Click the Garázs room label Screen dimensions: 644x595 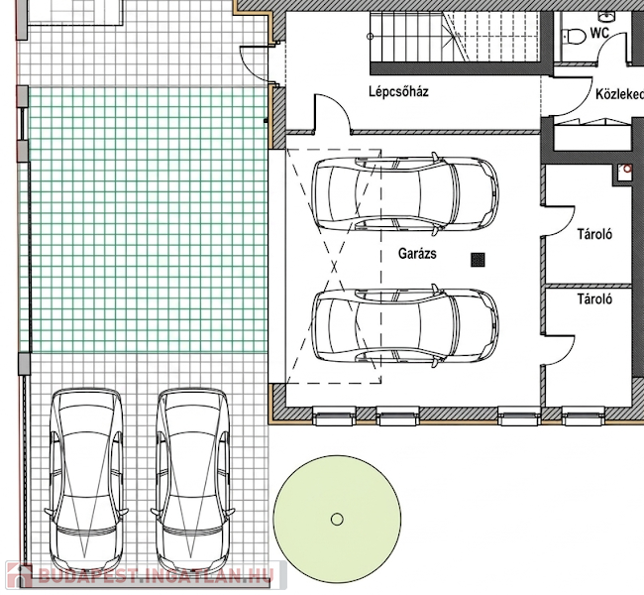417,253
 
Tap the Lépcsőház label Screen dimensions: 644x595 398,91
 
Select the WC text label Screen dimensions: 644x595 599,33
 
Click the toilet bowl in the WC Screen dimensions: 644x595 575,36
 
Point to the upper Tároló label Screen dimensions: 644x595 594,234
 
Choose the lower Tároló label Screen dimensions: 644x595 594,298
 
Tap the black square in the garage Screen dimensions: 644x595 478,260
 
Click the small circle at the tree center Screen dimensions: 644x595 337,520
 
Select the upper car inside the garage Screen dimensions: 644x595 405,194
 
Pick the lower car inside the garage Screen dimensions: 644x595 405,325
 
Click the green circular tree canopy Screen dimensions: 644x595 337,520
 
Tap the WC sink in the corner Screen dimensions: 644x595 606,17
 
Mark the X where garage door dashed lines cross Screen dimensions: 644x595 334,267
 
